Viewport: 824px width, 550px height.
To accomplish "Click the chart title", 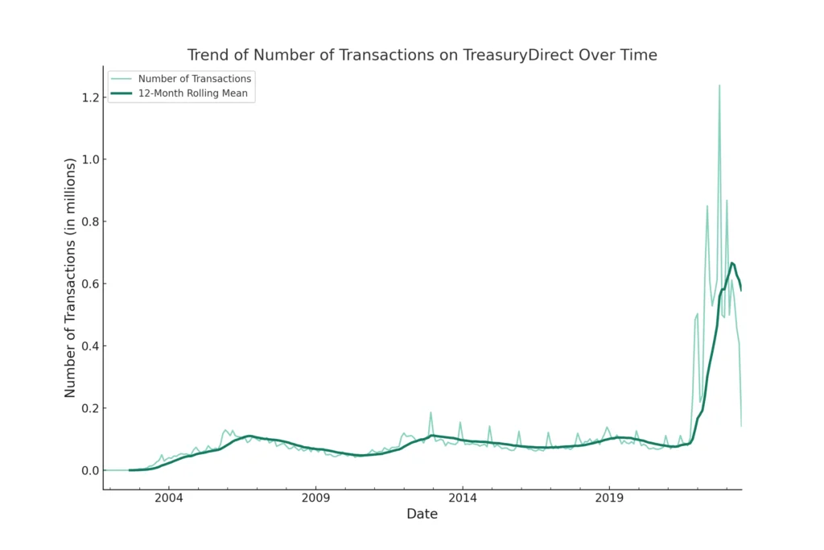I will click(422, 56).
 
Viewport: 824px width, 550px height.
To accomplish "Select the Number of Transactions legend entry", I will click(194, 79).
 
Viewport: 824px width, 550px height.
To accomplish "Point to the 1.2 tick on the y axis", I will click(89, 97).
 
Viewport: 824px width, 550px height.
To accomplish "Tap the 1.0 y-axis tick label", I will click(89, 159).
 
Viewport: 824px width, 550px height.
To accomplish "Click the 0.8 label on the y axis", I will click(89, 221).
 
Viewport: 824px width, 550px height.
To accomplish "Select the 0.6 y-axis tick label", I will click(89, 283).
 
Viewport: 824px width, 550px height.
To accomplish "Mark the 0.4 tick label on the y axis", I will click(89, 346).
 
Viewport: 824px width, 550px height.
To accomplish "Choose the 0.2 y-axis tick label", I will click(89, 408).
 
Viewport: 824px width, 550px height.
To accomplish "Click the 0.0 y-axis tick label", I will click(89, 470).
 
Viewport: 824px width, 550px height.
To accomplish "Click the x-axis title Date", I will click(422, 515).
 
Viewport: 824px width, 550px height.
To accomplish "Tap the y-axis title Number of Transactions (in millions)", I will click(70, 278).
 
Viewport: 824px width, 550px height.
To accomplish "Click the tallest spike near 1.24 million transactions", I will click(719, 85).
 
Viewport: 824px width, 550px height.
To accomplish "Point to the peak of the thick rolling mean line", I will click(731, 263).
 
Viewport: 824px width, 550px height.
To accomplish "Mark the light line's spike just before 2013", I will click(431, 412).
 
